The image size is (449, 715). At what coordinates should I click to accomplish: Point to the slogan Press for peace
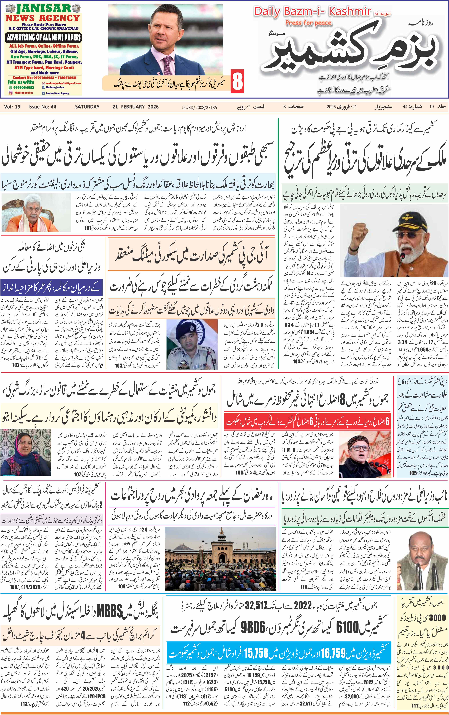coord(308,23)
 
